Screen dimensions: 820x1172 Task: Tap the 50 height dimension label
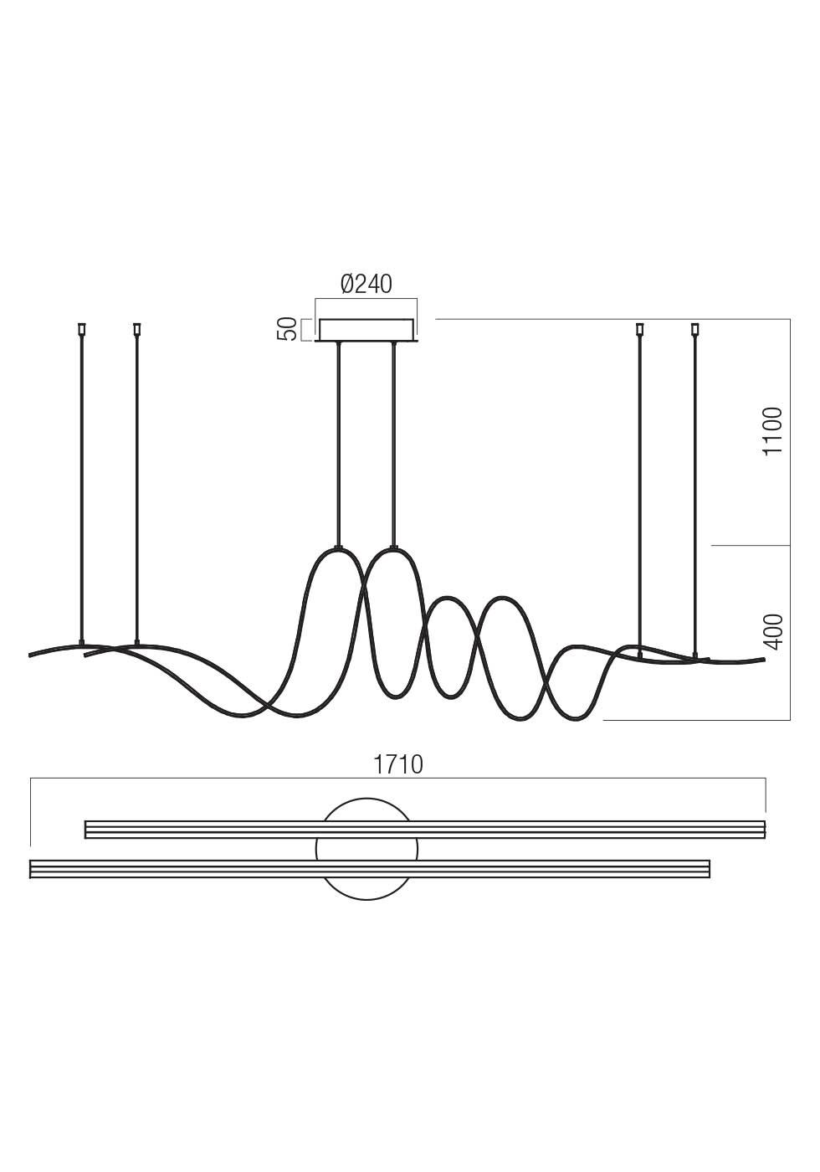[x=287, y=329]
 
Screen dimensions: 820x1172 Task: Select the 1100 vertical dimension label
[x=773, y=432]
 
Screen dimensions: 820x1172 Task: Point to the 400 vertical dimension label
[x=773, y=631]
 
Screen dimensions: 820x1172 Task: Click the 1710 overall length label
[x=397, y=765]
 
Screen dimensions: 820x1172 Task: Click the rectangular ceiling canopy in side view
[x=366, y=331]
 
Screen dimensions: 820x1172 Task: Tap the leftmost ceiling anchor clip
[x=82, y=329]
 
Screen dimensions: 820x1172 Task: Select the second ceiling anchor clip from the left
[x=136, y=329]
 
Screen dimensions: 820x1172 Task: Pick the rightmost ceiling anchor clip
[x=695, y=329]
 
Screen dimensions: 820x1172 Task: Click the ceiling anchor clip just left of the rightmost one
[x=639, y=329]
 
